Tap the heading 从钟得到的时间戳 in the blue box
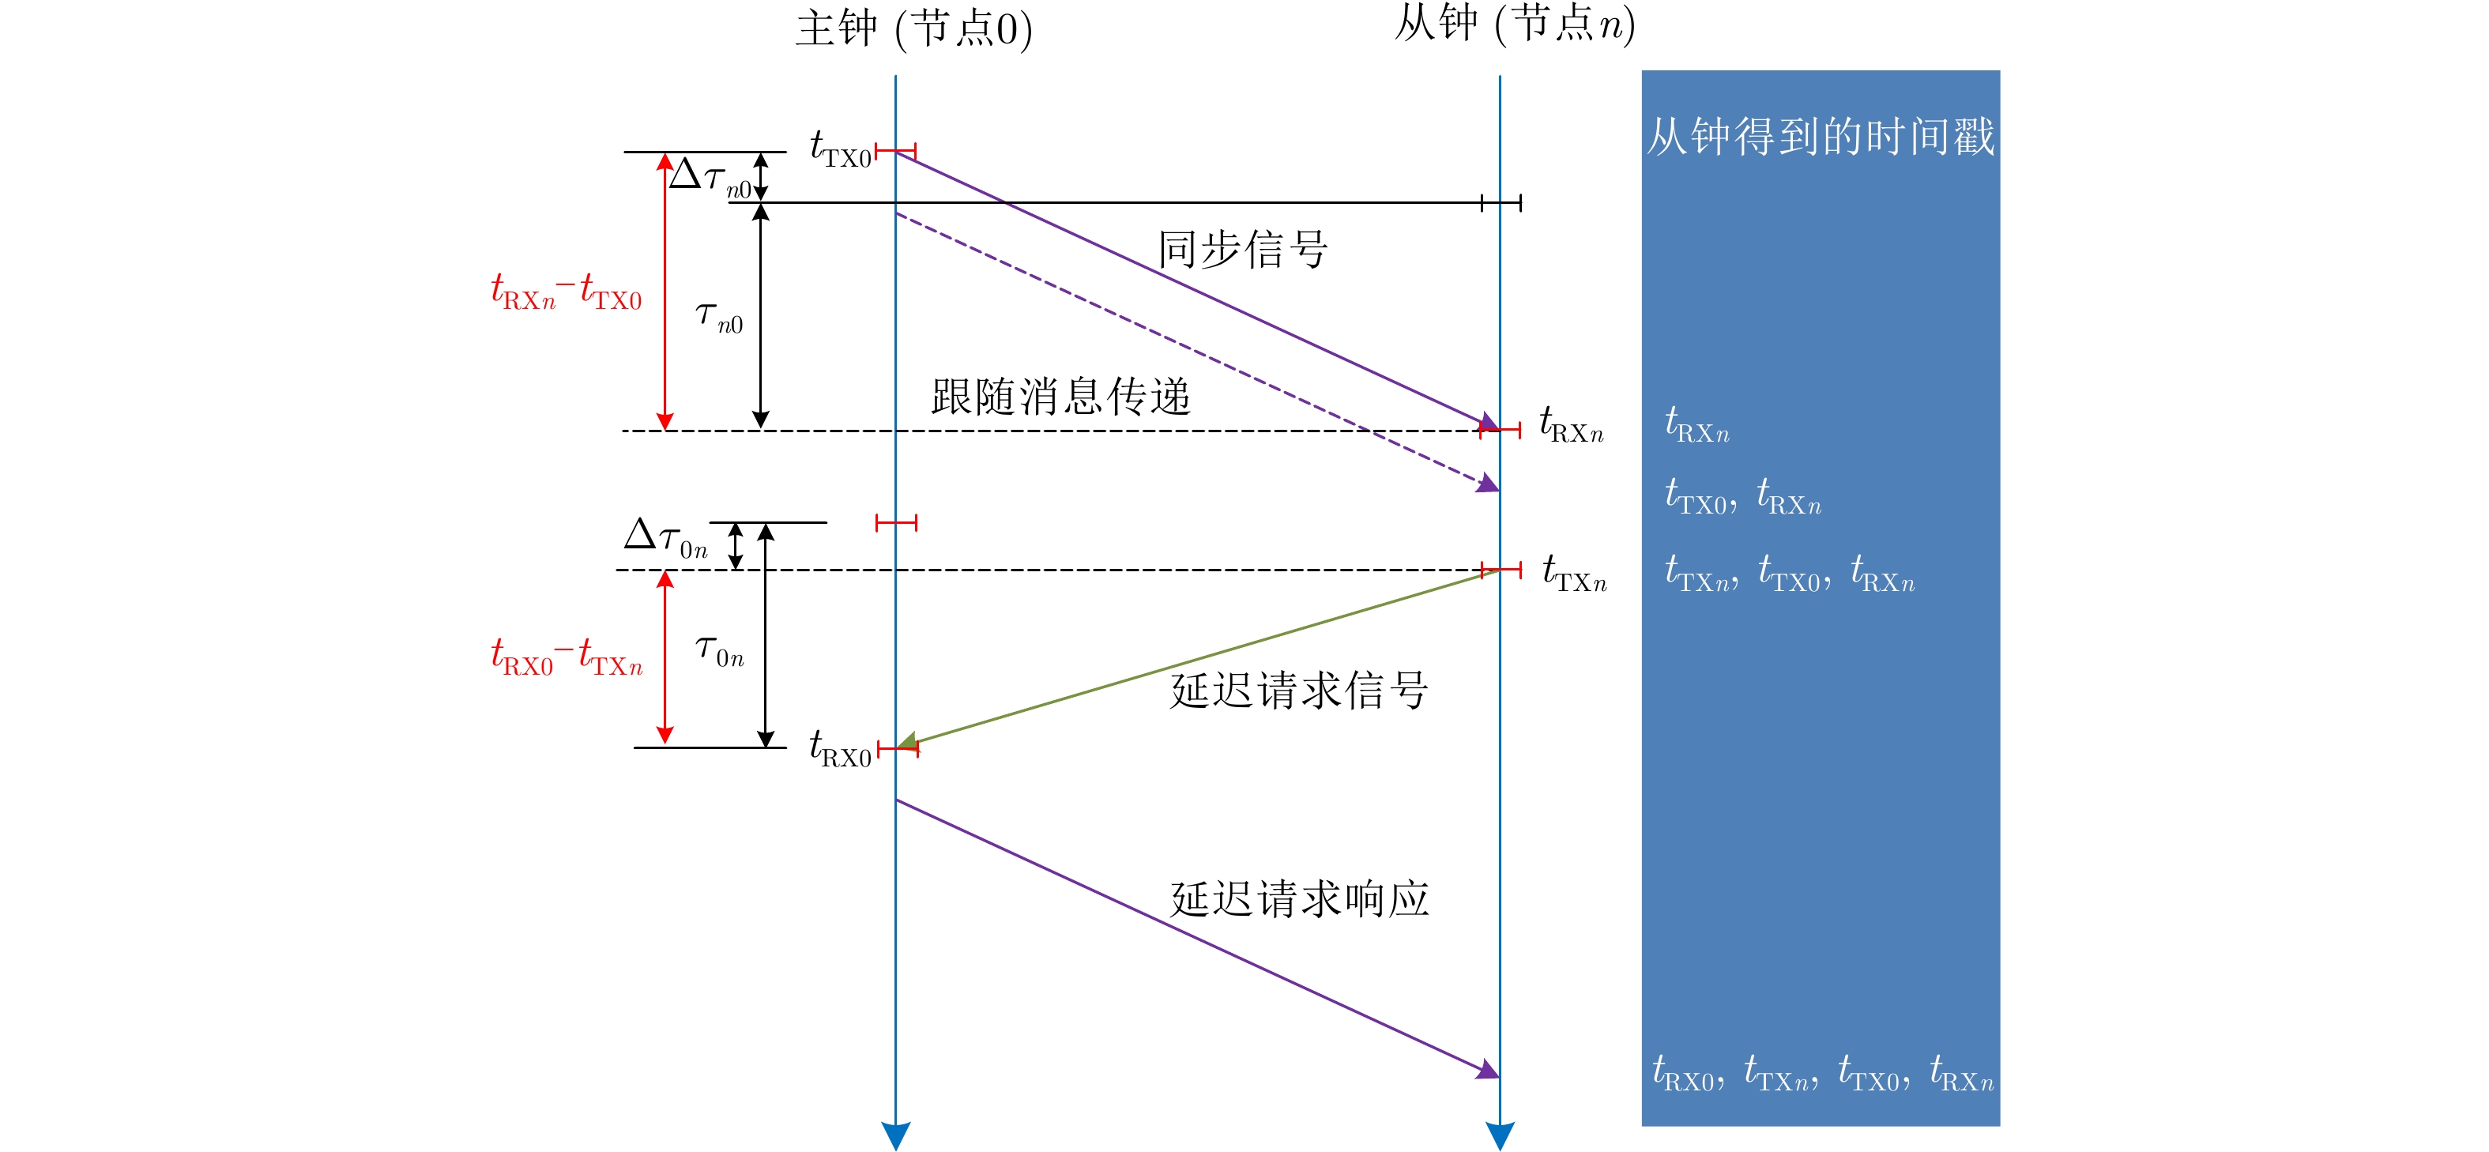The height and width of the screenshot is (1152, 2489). point(1821,136)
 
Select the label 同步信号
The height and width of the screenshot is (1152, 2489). point(1243,250)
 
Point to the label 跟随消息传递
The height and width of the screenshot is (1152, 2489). point(1061,396)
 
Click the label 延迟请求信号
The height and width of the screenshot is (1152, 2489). point(1298,690)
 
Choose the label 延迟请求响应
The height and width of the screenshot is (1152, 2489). point(1298,899)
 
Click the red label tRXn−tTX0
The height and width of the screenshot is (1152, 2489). point(567,292)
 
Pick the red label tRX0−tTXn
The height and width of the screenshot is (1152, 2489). point(567,657)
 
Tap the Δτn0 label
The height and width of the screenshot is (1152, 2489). point(710,178)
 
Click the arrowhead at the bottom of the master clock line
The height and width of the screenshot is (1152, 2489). point(896,1135)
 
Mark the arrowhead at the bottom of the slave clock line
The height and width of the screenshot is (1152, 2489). point(1500,1135)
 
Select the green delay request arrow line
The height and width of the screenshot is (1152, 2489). point(1198,658)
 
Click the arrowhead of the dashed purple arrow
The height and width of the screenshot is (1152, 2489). point(1489,484)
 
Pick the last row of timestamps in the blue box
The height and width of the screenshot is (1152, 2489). point(1823,1074)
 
